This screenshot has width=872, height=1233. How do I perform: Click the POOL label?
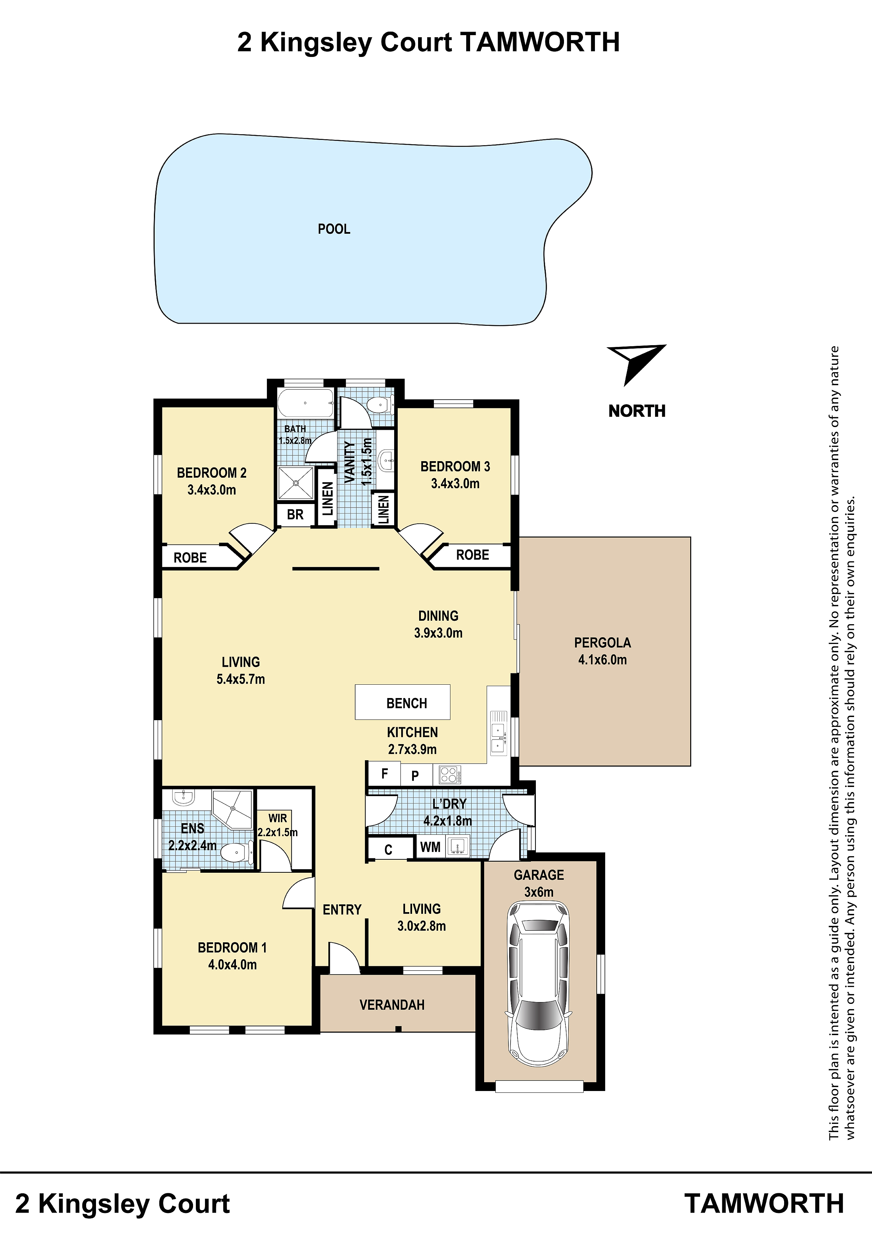334,229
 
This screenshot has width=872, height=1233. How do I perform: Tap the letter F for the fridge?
385,774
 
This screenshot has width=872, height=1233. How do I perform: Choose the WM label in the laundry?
430,847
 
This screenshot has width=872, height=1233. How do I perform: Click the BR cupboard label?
295,515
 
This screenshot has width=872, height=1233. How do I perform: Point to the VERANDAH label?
392,1005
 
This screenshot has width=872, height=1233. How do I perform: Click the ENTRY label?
342,910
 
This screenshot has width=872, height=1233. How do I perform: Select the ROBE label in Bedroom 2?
190,557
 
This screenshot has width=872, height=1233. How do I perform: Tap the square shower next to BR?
295,483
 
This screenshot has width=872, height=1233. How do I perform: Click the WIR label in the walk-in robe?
278,818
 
